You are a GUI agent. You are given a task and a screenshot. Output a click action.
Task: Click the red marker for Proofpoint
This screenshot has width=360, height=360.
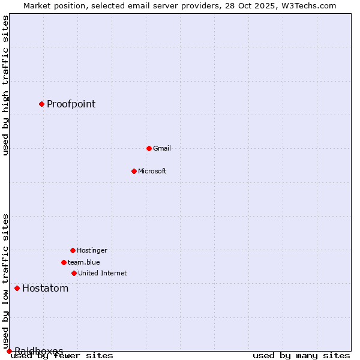41,104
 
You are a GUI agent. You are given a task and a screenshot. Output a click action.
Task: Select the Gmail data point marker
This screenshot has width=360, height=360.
149,148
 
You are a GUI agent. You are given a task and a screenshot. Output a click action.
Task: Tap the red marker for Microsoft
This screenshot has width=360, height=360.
134,171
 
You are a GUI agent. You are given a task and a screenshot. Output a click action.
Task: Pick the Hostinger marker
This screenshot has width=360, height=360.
73,250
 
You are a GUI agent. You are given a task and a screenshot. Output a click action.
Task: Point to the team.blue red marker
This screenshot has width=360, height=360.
64,262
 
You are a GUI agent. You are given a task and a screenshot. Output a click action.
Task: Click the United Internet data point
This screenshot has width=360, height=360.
74,273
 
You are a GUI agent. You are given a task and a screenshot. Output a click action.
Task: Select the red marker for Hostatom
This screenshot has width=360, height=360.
17,288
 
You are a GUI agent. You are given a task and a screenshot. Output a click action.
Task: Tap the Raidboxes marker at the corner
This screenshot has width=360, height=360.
9,351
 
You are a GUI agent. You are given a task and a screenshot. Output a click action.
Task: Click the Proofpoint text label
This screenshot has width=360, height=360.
71,104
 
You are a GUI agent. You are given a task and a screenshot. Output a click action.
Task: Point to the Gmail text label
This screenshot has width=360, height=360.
162,148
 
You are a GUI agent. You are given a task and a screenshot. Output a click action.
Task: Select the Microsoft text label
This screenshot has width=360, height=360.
152,171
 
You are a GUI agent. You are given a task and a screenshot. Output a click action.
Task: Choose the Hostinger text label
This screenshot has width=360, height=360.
92,250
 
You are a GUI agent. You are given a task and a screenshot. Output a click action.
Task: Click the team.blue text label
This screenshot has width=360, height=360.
84,262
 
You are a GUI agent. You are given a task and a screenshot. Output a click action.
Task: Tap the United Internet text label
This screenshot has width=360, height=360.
103,273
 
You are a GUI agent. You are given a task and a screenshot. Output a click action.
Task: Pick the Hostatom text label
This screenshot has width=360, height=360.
46,288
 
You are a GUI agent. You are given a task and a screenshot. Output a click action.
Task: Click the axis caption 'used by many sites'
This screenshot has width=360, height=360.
301,356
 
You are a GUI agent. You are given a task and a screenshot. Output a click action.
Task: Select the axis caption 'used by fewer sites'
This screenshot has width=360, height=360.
62,356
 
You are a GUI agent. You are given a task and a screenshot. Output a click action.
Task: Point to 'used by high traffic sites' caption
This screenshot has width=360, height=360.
5,85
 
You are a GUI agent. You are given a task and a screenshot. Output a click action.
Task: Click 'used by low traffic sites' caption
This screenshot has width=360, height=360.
5,281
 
